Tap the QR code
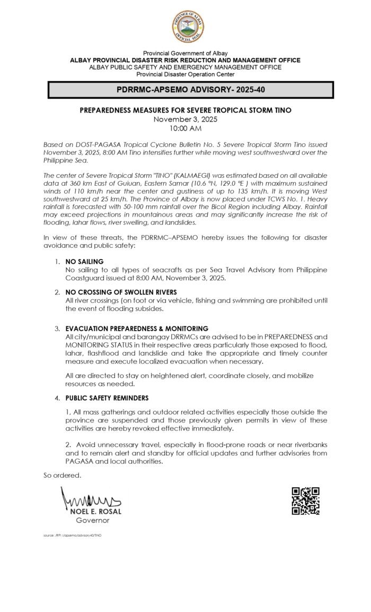[x=306, y=501]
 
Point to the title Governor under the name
[x=93, y=521]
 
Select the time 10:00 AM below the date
[x=185, y=128]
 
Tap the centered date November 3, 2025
[x=185, y=119]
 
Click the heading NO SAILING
[x=84, y=262]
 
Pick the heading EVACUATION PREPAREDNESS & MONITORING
[x=137, y=329]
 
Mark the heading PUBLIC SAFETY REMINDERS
[x=107, y=398]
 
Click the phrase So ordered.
[x=63, y=475]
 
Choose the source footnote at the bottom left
[x=73, y=535]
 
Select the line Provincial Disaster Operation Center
[x=185, y=74]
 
